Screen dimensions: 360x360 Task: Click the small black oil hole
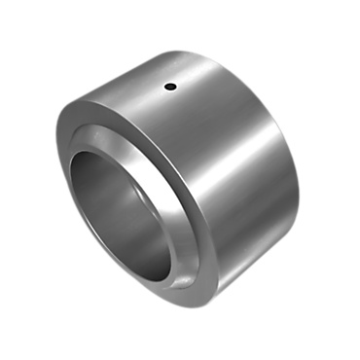click(170, 88)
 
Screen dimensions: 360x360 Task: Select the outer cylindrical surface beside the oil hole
click(195, 97)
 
